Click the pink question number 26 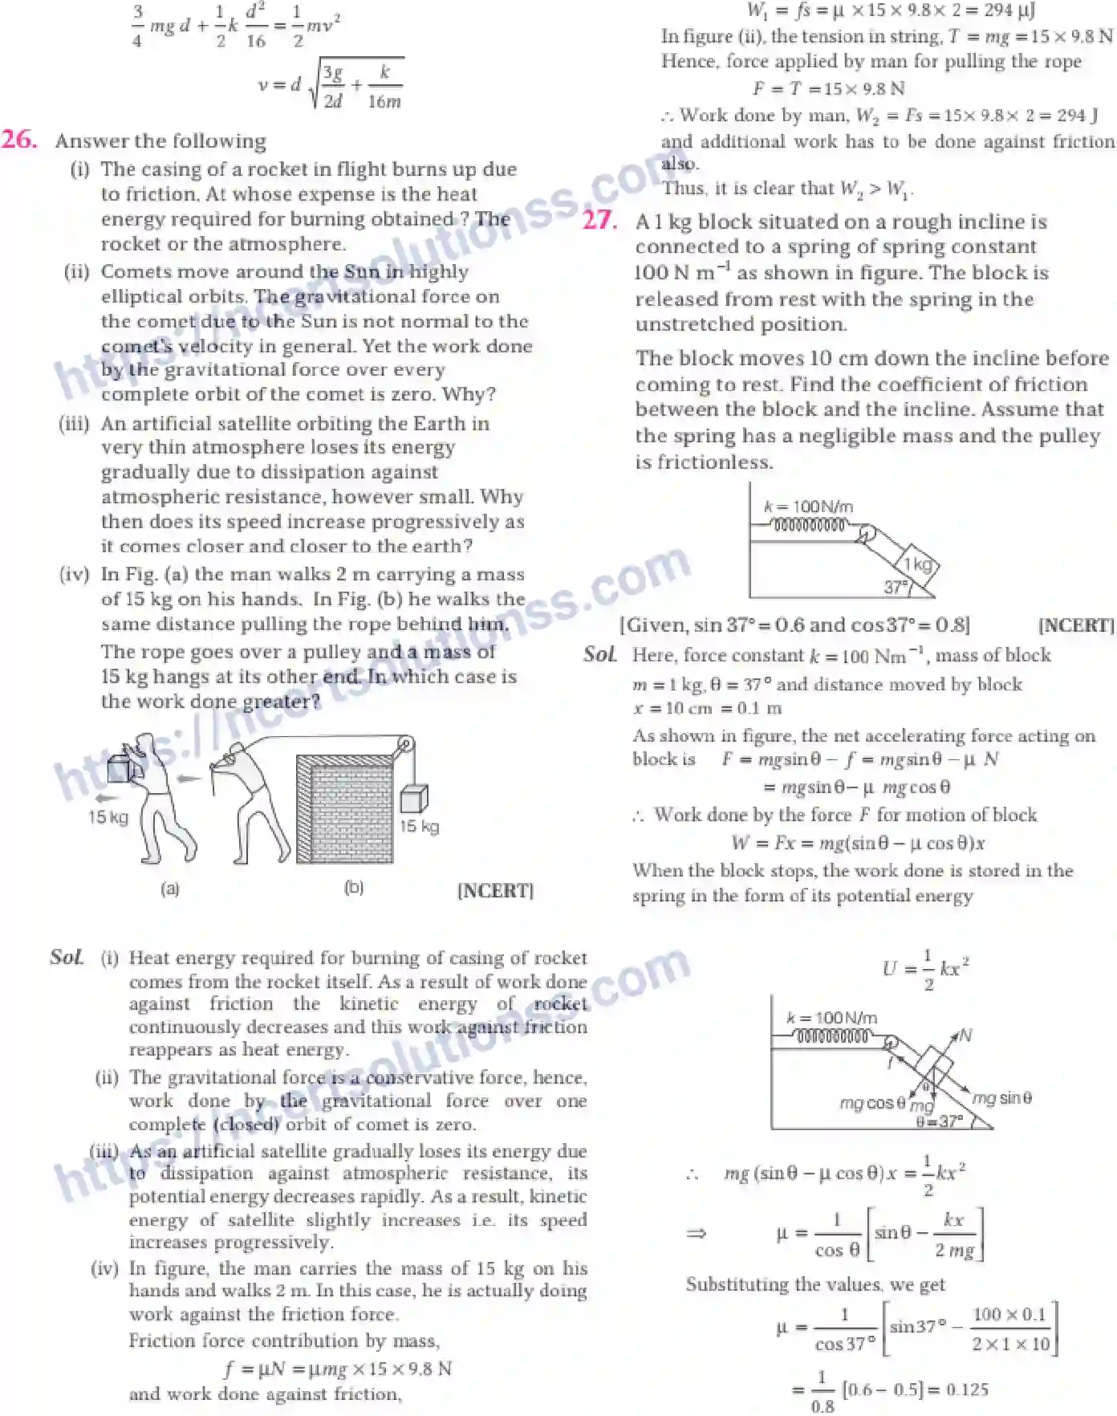pos(19,140)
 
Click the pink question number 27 pos(599,221)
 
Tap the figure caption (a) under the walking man pos(170,889)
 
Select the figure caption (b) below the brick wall pos(354,888)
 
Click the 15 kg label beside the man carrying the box pos(108,817)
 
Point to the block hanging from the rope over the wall pos(413,799)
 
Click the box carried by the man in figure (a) pos(120,767)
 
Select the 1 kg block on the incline pos(918,564)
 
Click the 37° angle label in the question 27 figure pos(896,587)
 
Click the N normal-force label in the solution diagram pos(965,1036)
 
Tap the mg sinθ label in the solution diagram pos(1001,1097)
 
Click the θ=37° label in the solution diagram pos(940,1121)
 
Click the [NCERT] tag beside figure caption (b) pos(495,890)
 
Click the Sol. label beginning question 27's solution pos(600,654)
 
